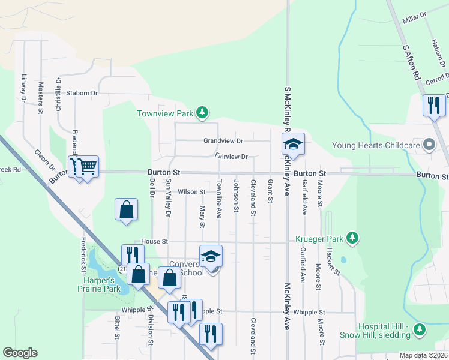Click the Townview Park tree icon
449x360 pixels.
click(203, 112)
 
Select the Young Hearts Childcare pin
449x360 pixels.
click(429, 145)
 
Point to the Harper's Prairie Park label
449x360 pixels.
click(98, 284)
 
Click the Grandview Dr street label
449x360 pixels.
click(223, 141)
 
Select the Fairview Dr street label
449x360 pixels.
click(231, 157)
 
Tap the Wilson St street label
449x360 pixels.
click(192, 192)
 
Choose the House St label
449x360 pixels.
click(141, 241)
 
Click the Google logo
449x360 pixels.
click(20, 353)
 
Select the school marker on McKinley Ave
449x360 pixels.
click(294, 144)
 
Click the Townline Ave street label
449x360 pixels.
click(220, 198)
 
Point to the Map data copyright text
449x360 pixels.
click(423, 355)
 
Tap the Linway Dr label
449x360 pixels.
click(24, 86)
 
